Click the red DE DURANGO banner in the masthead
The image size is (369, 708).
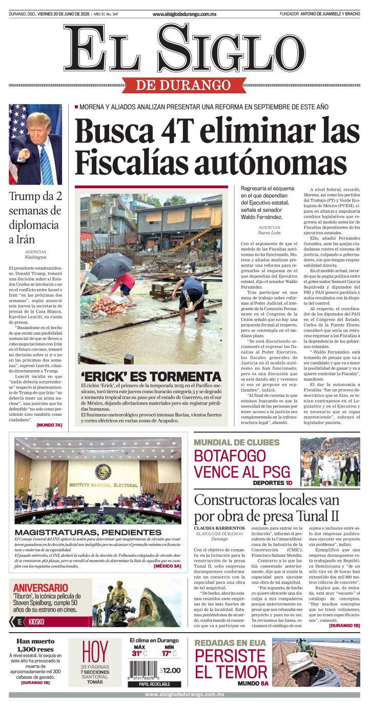tap(184, 85)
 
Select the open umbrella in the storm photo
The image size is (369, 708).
tap(111, 265)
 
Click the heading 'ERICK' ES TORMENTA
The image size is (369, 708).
tap(151, 377)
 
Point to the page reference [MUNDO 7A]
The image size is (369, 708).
tap(49, 425)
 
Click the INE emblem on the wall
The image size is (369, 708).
tap(103, 471)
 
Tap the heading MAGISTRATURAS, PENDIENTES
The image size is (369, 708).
tap(88, 533)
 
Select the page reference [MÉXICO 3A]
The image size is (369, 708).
tap(167, 567)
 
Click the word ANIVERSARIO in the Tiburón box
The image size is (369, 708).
tap(40, 588)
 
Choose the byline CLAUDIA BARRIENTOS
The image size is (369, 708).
tap(219, 528)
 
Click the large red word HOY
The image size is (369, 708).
tap(95, 652)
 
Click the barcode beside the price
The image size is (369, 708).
tap(143, 670)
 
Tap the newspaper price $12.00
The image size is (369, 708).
tap(170, 671)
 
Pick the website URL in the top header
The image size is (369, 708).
tap(184, 14)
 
